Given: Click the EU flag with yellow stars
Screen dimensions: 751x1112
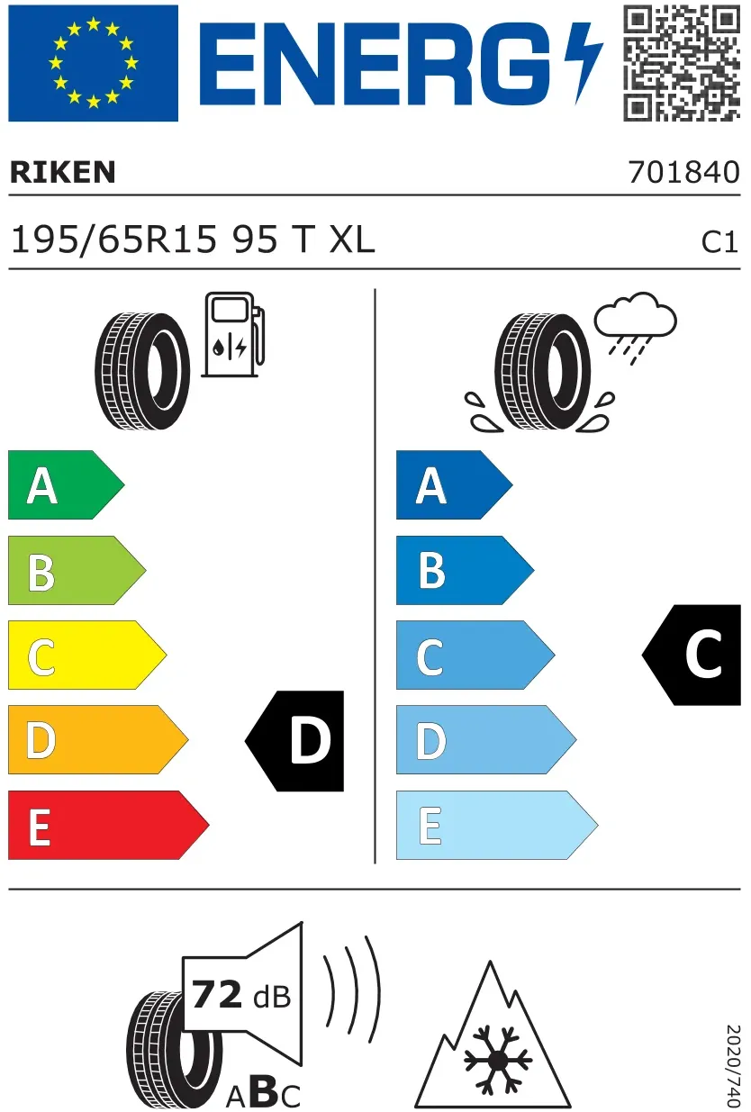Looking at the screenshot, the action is [94, 63].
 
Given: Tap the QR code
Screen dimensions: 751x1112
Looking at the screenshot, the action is [682, 63].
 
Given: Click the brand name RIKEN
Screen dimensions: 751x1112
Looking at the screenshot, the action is [62, 172].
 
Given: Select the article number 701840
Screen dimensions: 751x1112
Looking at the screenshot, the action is [684, 172].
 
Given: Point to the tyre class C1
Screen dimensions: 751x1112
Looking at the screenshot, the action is [719, 242].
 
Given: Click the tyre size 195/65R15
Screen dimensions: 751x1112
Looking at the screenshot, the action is [113, 240].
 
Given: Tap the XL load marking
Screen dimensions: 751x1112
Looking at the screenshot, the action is [352, 240].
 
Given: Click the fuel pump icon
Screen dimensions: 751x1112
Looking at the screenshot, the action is [233, 335].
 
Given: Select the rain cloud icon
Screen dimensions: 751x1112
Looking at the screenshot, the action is [635, 328].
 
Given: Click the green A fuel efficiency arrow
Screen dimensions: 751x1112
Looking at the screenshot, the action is [66, 485].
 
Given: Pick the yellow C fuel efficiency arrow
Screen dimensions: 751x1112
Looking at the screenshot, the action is [87, 655].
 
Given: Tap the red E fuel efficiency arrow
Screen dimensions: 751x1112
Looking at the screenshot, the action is [109, 825].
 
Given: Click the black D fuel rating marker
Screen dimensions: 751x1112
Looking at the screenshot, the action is [294, 741].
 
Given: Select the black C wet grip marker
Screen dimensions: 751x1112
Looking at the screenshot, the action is [692, 655].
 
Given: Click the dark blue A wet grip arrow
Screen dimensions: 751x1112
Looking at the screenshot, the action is [454, 485].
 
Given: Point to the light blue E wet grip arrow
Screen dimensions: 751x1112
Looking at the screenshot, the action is [497, 825].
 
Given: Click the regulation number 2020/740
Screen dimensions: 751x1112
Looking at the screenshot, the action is [733, 1065].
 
